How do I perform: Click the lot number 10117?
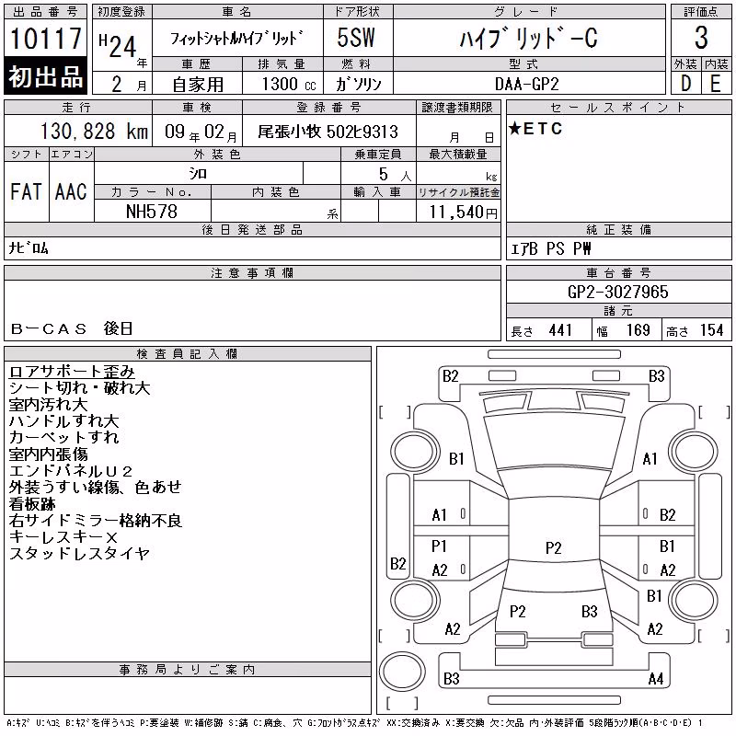coord(45,38)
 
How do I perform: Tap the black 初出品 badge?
coord(45,75)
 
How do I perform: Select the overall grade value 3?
coord(701,38)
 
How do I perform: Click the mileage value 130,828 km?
coord(94,132)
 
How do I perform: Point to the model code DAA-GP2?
coord(526,84)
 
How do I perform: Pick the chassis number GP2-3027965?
coord(617,292)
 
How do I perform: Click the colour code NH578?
coord(152,212)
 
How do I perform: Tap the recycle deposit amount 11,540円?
coord(464,213)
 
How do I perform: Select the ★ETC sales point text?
coord(535,129)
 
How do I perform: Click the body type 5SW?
coord(356,38)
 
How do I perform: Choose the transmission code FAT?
coord(26,191)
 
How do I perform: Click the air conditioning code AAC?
coord(71,191)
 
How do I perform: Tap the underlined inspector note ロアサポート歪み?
coord(72,372)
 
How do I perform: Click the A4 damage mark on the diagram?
coord(656,679)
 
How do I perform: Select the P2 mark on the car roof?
coord(554,547)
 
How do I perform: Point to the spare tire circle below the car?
coord(402,672)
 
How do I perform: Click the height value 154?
coord(711,330)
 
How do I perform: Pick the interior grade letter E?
coord(716,84)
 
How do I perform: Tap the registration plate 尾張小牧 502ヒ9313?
coord(328,132)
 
